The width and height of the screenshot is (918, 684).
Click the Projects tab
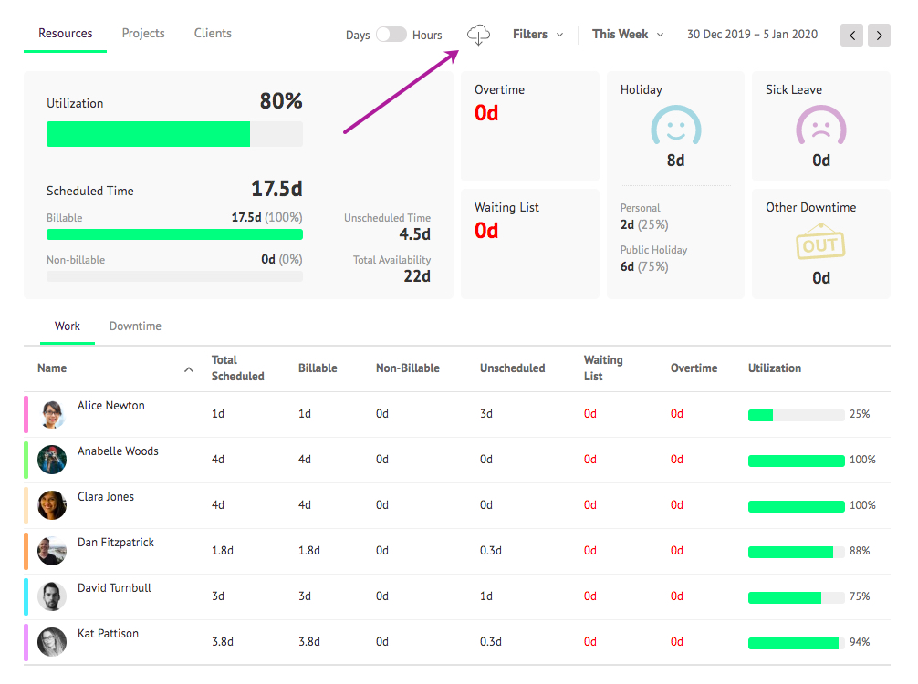pyautogui.click(x=143, y=34)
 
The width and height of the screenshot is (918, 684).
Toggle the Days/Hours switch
pyautogui.click(x=391, y=35)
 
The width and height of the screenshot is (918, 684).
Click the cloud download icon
pyautogui.click(x=478, y=35)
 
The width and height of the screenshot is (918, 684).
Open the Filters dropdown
pyautogui.click(x=537, y=35)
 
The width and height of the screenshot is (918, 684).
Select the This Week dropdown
pyautogui.click(x=627, y=35)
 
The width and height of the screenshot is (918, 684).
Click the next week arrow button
pyautogui.click(x=879, y=36)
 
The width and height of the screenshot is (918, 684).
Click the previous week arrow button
pyautogui.click(x=853, y=36)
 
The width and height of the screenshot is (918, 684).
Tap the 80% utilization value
pyautogui.click(x=281, y=101)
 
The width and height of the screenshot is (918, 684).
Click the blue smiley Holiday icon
pyautogui.click(x=675, y=127)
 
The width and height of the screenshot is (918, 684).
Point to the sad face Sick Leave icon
pyautogui.click(x=821, y=127)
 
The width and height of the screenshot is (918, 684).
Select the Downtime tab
pyautogui.click(x=135, y=326)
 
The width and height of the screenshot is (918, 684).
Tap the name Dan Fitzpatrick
pyautogui.click(x=116, y=543)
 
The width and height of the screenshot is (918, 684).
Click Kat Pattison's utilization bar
pyautogui.click(x=796, y=643)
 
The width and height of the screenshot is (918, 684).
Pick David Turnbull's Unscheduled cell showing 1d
pyautogui.click(x=485, y=596)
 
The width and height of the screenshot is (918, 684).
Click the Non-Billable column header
pyautogui.click(x=408, y=368)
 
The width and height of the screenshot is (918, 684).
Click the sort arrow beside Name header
pyautogui.click(x=189, y=369)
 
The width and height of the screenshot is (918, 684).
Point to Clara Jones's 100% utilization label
pyautogui.click(x=862, y=505)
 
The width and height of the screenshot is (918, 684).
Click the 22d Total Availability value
pyautogui.click(x=417, y=276)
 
